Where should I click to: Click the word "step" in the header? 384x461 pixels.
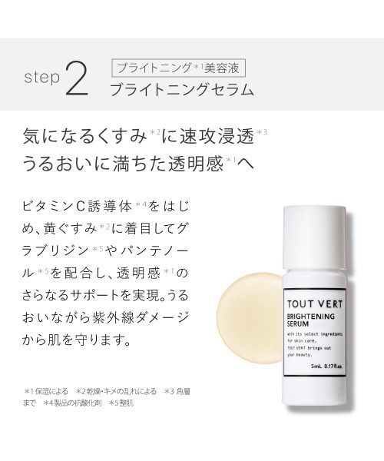39,78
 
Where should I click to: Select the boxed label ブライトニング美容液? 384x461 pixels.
181,65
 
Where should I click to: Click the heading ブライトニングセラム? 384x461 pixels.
181,88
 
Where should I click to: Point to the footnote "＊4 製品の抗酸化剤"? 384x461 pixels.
73,423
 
